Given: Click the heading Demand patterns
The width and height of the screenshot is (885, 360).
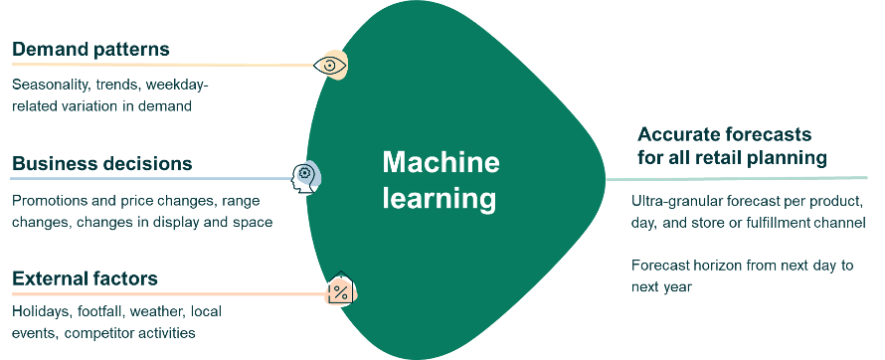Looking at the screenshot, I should [90, 49].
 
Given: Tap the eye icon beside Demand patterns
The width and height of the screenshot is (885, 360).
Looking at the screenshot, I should [330, 66].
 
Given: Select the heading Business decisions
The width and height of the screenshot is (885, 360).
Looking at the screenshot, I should [102, 163].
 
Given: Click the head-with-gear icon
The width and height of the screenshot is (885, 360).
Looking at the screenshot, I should [305, 179].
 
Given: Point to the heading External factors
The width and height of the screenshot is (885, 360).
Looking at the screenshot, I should [85, 277].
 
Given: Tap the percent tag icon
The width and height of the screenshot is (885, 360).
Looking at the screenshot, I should [340, 292].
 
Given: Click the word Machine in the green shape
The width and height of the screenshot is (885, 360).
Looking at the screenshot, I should [441, 163].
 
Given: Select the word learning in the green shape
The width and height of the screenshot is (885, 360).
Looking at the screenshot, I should [441, 198].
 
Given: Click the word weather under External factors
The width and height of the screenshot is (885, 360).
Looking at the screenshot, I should [168, 312].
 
